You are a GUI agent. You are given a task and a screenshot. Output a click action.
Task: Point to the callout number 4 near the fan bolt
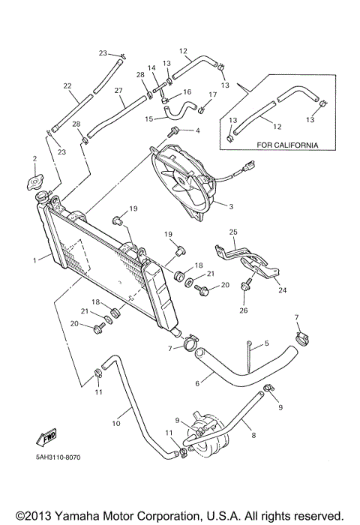[198, 130]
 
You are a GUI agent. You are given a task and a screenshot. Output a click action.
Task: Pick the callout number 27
[118, 91]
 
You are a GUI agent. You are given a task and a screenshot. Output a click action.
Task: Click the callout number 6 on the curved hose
[197, 382]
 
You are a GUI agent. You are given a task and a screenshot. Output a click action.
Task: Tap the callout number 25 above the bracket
[232, 232]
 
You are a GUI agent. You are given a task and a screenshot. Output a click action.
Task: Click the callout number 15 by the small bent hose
[148, 118]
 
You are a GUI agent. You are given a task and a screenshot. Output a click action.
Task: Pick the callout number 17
[212, 94]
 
